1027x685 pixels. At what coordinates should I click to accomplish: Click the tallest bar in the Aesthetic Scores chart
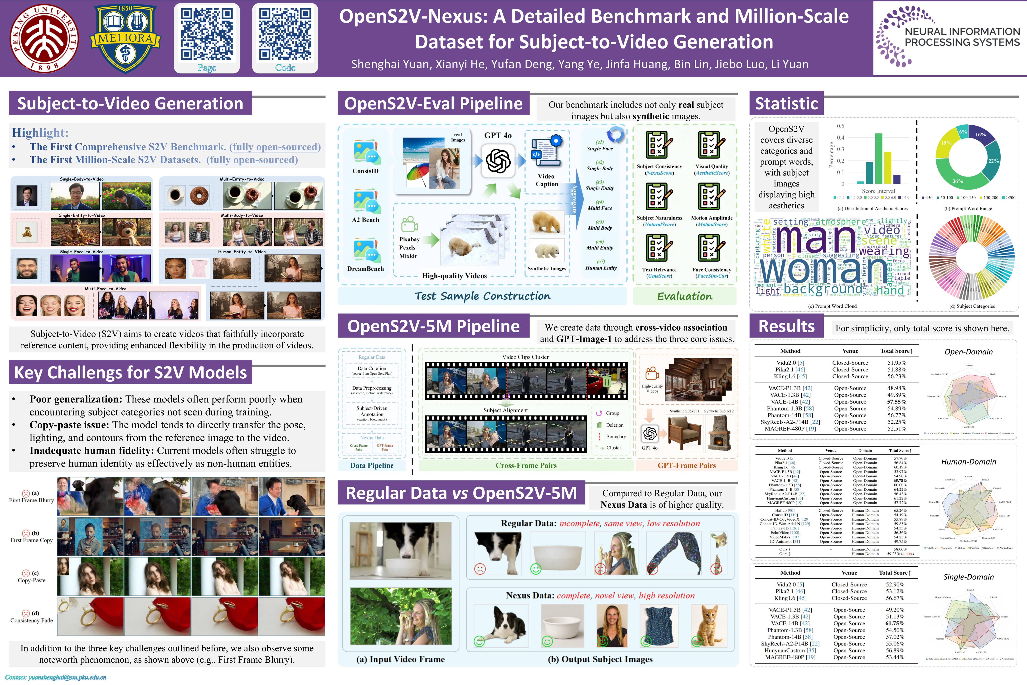click(879, 158)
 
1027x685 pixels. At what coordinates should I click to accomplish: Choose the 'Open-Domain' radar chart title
click(969, 352)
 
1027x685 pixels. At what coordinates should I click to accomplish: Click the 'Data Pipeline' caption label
click(372, 465)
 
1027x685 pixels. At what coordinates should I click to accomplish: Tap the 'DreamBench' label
click(365, 269)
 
